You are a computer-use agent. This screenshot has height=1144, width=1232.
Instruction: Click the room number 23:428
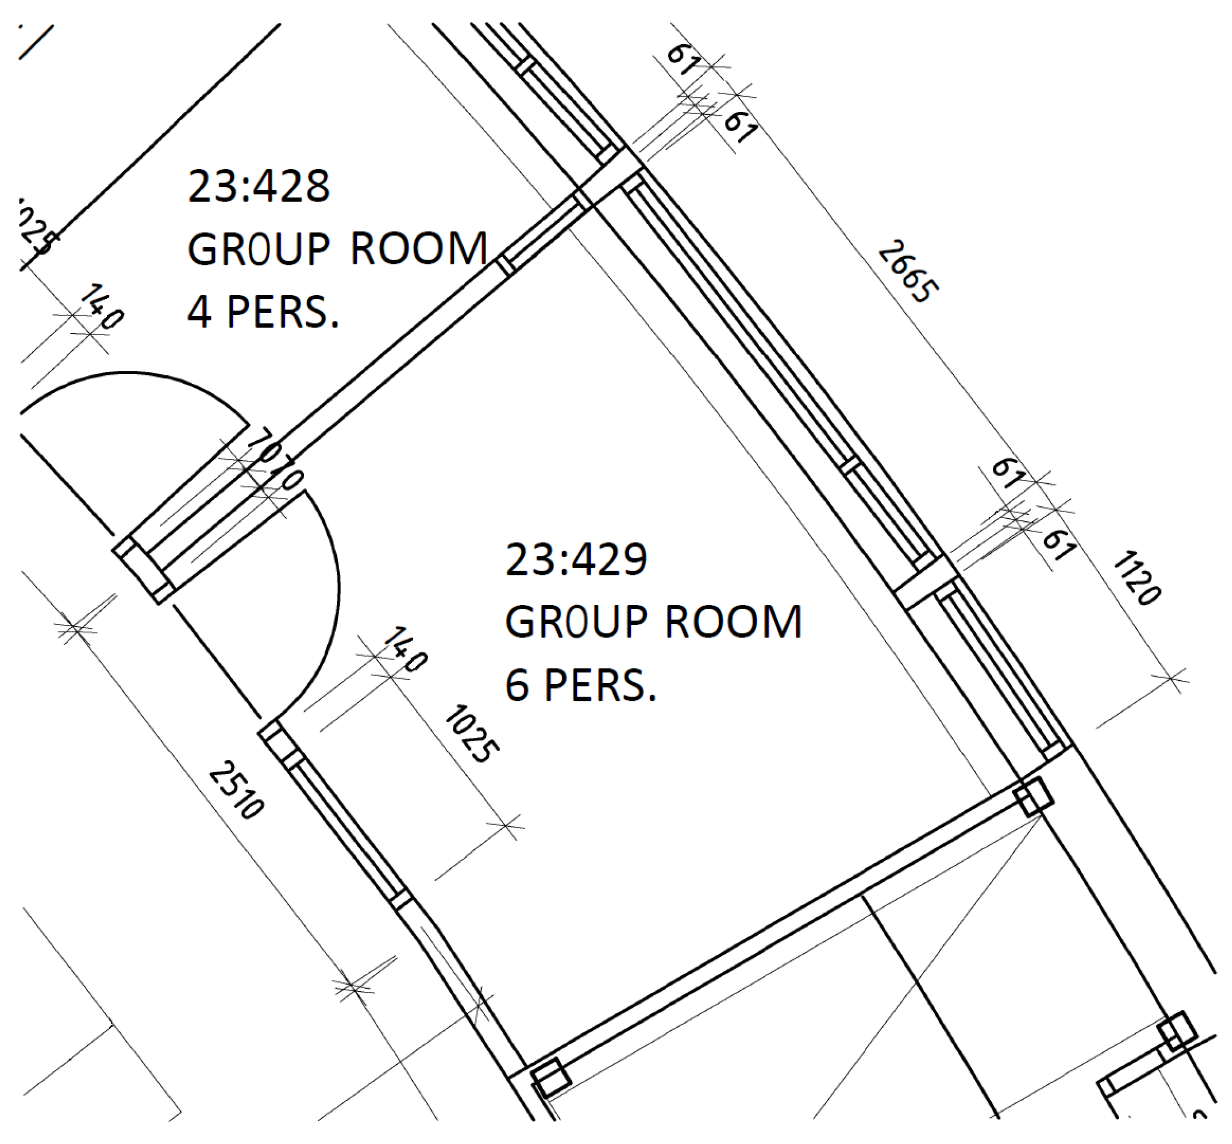pos(258,186)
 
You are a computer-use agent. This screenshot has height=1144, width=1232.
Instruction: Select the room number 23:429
pos(576,560)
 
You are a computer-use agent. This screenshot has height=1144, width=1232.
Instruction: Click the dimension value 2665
pos(908,272)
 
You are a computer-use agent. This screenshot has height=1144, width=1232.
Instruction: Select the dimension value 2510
pos(236,789)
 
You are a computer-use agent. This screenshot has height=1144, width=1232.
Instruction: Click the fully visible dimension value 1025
pos(471,733)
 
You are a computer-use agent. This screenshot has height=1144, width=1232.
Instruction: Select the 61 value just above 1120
pos(1060,545)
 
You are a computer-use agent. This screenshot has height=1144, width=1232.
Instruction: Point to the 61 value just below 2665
pos(1007,473)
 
